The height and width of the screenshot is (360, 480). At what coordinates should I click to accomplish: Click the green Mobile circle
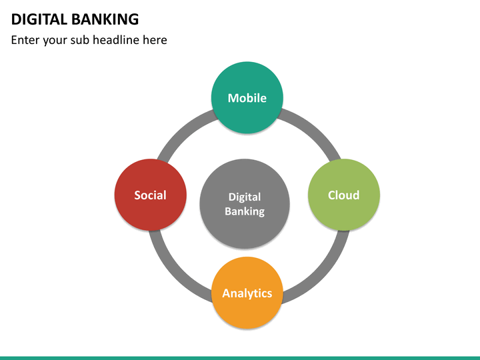247,113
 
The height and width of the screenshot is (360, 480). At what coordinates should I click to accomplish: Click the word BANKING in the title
105,19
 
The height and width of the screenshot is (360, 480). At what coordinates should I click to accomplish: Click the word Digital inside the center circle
245,197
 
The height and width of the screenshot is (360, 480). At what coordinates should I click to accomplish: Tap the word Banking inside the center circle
245,212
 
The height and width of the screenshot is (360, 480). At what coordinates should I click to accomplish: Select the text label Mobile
247,98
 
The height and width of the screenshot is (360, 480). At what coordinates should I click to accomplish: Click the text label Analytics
247,293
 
